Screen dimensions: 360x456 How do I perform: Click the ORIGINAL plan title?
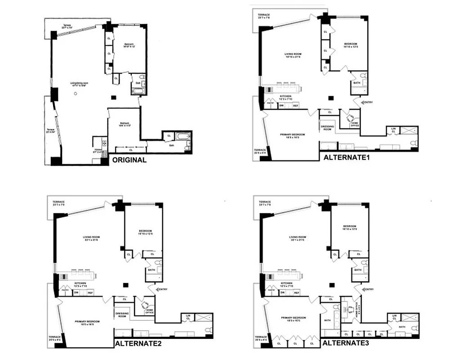129,160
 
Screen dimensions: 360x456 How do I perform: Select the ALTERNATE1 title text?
344,157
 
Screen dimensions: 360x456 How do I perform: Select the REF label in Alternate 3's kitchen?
296,292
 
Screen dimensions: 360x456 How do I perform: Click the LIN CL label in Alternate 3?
393,318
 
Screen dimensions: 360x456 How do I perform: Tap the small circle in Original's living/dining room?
76,93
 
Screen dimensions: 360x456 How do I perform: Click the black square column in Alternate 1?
332,97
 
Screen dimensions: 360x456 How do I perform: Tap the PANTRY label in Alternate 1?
271,103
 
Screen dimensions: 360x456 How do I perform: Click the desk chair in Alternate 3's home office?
351,309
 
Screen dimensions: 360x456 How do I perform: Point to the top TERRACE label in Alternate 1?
264,15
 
